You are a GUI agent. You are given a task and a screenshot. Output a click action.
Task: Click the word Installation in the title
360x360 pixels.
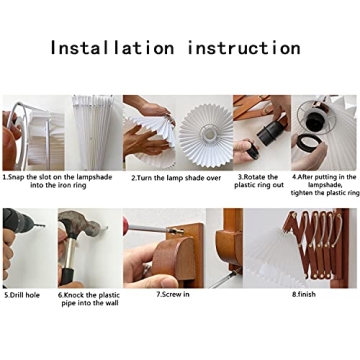click(x=112, y=48)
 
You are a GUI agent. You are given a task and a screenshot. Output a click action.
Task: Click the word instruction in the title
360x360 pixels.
click(x=244, y=48)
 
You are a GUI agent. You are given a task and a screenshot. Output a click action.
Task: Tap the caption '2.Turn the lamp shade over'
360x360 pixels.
click(x=176, y=178)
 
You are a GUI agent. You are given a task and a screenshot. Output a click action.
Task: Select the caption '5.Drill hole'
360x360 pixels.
click(x=22, y=295)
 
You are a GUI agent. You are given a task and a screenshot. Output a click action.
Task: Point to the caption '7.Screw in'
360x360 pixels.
click(x=173, y=295)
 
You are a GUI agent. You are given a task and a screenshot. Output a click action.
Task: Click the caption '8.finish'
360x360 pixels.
click(x=304, y=294)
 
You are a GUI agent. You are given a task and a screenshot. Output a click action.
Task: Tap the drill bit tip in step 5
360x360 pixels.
click(x=44, y=226)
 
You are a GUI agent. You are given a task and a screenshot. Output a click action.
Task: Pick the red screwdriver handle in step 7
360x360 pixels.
click(x=126, y=226)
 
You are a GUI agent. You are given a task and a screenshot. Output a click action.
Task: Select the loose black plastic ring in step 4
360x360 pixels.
click(x=309, y=142)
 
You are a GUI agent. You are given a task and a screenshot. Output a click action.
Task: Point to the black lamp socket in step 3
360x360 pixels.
click(x=271, y=133)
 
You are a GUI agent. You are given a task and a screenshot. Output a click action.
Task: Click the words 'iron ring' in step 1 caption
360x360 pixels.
click(x=71, y=185)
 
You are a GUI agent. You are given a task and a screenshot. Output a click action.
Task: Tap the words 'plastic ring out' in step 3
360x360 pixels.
click(x=259, y=185)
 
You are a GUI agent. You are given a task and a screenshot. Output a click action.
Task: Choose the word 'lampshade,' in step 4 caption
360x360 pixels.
click(x=324, y=185)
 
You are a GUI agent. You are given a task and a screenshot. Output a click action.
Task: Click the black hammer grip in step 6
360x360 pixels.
click(x=67, y=276)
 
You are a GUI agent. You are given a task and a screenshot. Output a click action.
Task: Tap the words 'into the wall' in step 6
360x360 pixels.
click(x=90, y=303)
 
